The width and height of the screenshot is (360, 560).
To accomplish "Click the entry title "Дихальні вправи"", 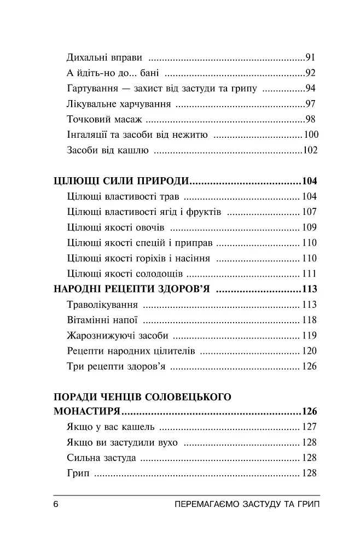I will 104,57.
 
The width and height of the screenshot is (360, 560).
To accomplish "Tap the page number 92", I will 311,73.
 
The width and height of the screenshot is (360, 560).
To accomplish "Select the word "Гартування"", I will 91,89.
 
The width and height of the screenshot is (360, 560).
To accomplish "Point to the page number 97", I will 311,104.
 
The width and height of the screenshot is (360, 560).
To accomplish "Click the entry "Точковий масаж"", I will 103,119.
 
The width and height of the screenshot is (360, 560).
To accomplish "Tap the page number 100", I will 310,135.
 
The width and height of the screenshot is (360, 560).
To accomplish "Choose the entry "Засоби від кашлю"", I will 107,150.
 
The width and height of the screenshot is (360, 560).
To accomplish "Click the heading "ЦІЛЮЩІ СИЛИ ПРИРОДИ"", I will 122,181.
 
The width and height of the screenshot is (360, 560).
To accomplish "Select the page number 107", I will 309,212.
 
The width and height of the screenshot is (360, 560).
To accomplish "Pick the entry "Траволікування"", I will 102,305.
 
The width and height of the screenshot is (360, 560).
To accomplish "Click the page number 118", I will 309,320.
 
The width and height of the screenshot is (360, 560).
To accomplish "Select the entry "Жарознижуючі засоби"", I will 117,335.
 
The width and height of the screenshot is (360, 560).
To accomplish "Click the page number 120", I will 309,351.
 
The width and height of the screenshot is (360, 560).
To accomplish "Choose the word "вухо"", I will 167,442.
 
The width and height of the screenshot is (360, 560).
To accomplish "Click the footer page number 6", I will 56,504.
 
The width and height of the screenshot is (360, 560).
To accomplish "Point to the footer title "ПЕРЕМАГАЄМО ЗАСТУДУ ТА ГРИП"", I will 245,504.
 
